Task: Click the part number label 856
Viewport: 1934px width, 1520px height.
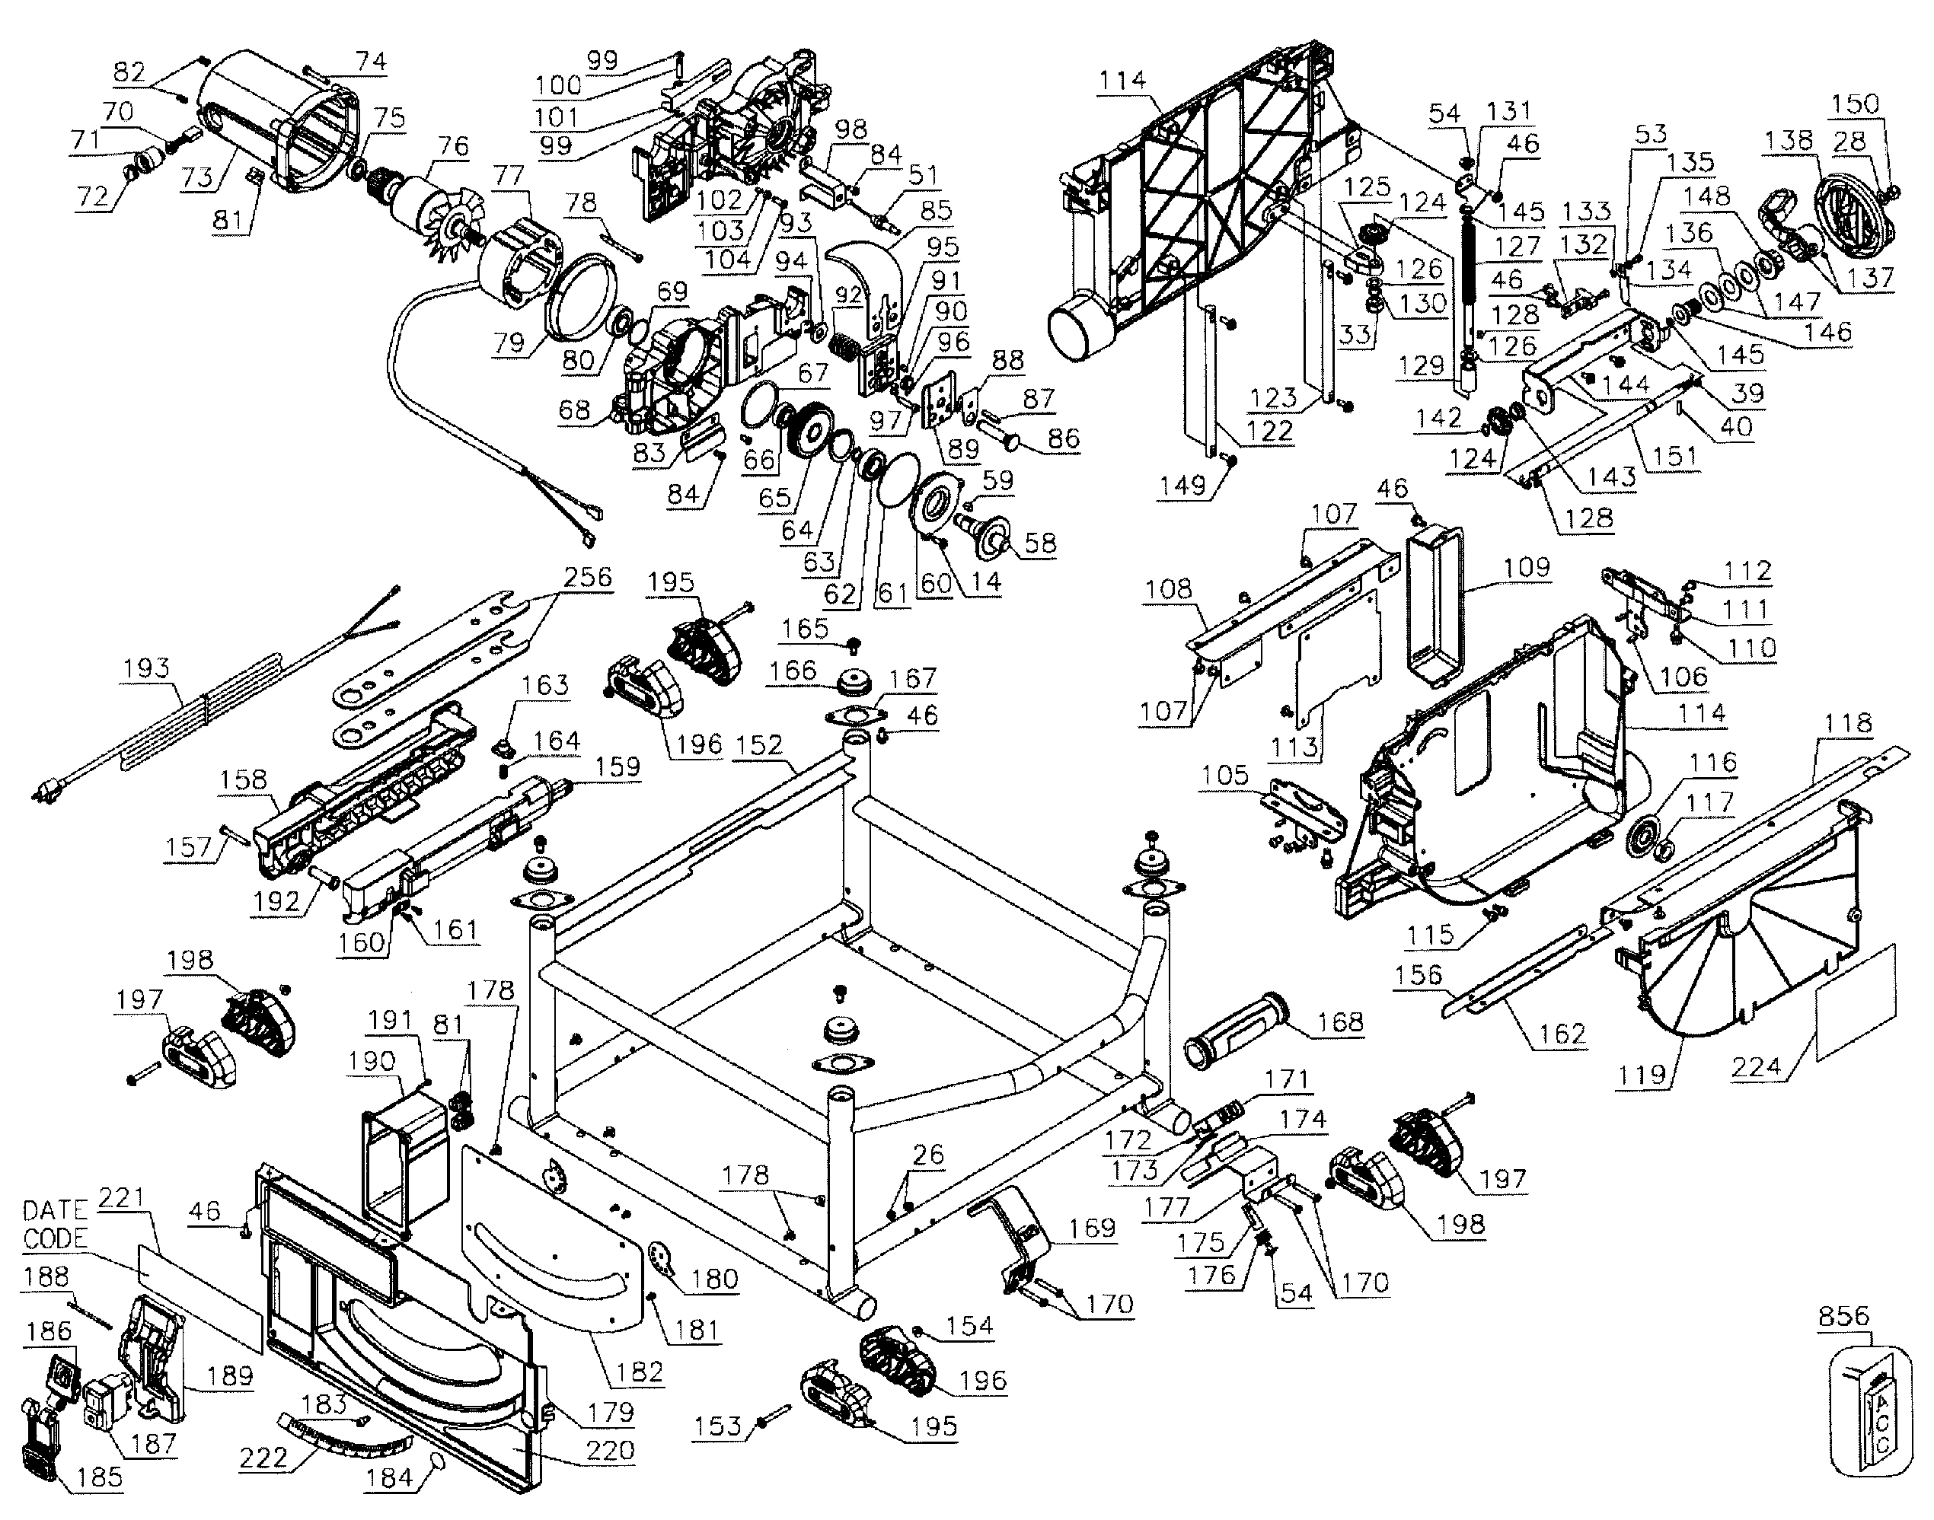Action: click(1843, 1315)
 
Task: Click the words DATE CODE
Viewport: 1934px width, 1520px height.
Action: click(55, 1224)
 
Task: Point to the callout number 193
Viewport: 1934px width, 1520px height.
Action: click(146, 668)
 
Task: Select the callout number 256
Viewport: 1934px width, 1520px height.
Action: click(589, 577)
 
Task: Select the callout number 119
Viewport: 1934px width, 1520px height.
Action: click(1640, 1074)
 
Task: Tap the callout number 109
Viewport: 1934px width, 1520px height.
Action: click(1527, 567)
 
